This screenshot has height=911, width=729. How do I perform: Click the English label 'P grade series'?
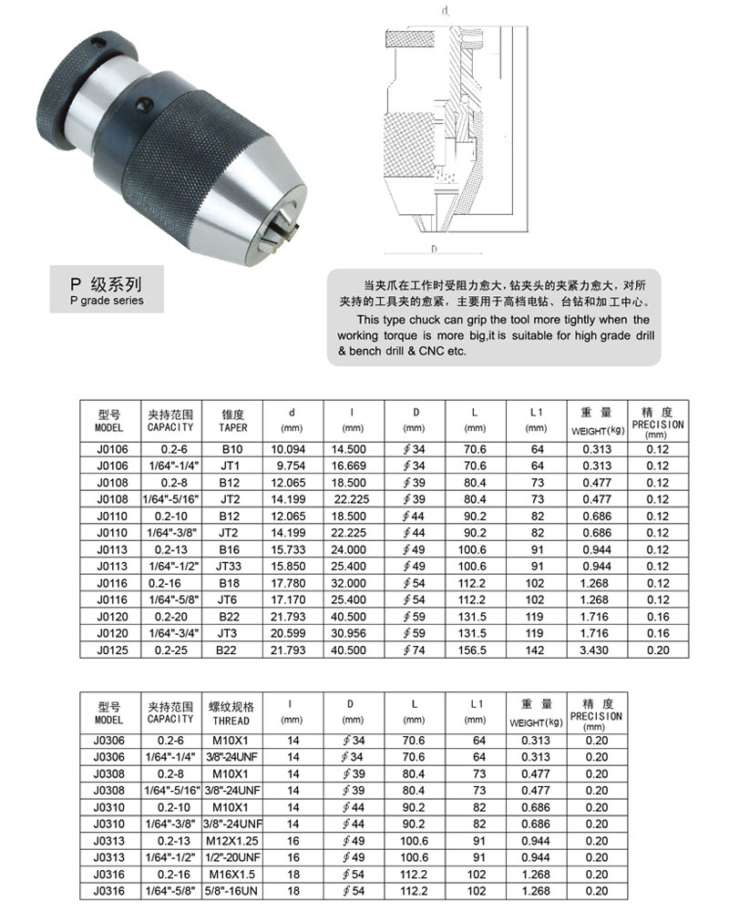point(106,301)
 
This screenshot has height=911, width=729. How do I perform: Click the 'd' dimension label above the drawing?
point(444,12)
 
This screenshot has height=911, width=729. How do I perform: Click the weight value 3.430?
point(594,650)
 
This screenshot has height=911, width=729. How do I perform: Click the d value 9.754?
point(288,464)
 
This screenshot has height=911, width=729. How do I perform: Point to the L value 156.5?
point(476,650)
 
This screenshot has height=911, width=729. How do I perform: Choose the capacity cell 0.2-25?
point(171,650)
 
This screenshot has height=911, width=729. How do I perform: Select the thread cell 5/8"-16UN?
point(232,890)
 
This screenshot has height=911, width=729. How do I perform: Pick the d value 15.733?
point(288,550)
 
